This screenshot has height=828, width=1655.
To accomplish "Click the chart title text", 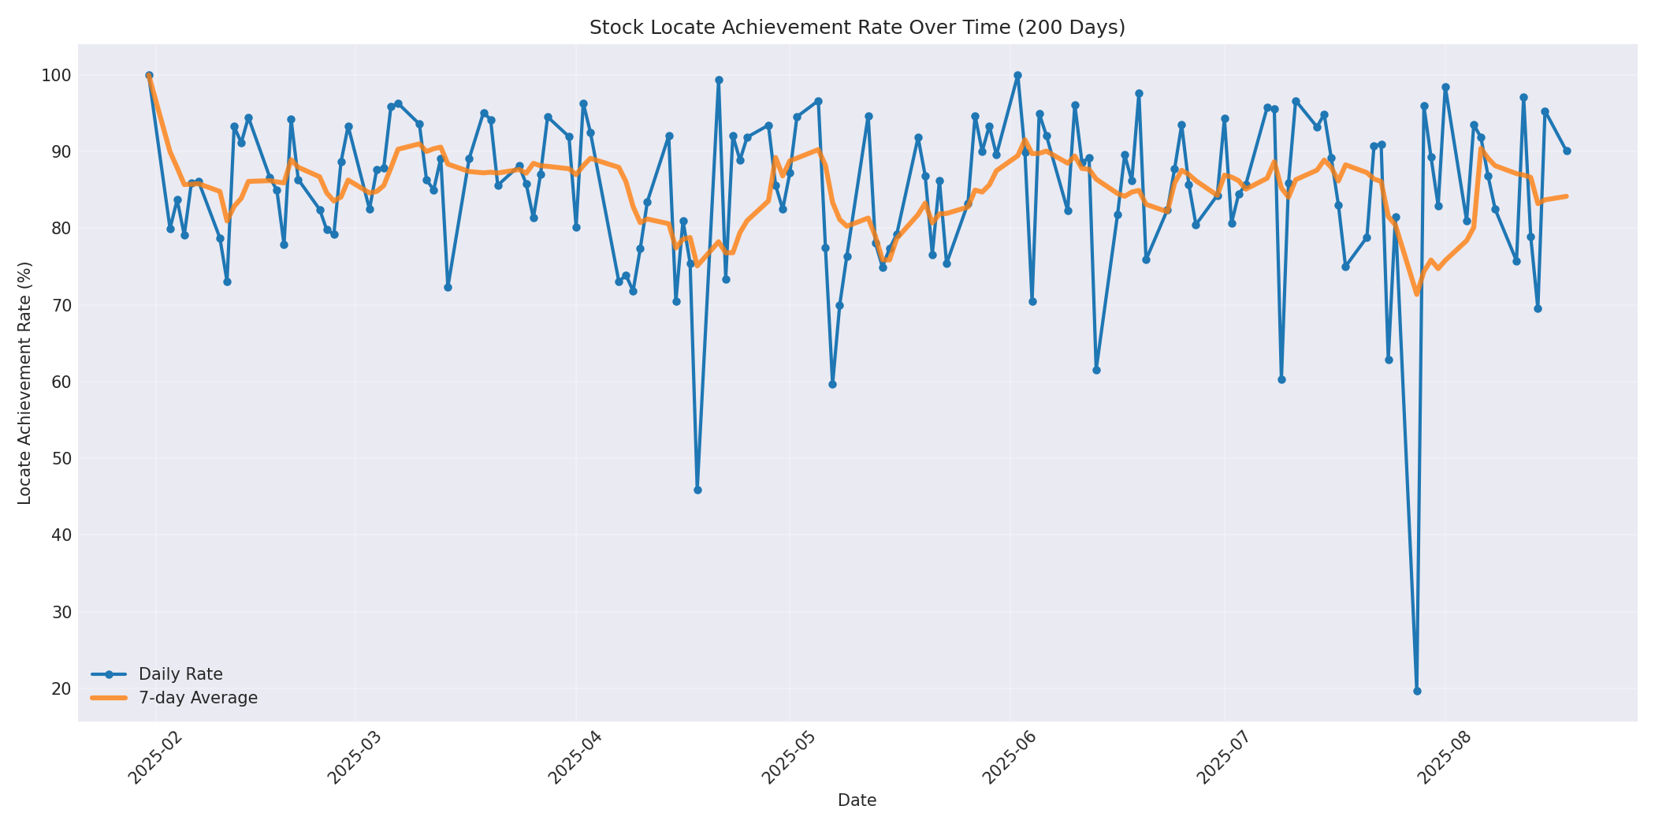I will (857, 28).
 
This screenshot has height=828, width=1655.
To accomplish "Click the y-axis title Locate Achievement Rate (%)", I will (24, 382).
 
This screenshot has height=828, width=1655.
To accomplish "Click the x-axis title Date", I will (857, 800).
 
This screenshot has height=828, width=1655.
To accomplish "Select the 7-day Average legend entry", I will (198, 698).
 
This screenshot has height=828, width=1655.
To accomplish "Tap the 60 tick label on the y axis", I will (61, 382).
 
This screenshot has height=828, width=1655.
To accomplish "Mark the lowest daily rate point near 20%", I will (1417, 691).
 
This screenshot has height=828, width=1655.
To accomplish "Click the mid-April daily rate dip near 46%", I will (697, 490).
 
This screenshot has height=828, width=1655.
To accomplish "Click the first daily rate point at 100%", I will (149, 76).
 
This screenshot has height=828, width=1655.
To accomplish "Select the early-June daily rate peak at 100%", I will (1017, 76).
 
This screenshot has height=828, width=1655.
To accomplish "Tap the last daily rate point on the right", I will (1567, 151).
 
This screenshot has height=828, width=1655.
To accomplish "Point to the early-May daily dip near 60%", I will (832, 384).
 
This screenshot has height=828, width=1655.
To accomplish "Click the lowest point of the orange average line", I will (1416, 294).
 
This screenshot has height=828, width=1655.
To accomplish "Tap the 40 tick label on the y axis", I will (61, 535).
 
